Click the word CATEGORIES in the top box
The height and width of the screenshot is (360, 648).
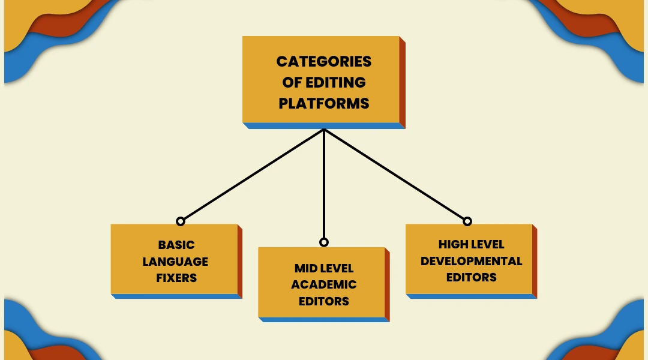[x=323, y=62]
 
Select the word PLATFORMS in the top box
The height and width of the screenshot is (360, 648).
[x=323, y=103]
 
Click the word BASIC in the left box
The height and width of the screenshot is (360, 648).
[x=176, y=245]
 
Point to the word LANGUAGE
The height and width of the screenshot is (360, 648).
[x=175, y=262]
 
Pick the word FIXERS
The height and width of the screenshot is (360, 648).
[x=176, y=278]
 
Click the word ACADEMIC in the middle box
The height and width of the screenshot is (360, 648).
[x=324, y=284]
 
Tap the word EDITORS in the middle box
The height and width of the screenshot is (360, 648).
[x=324, y=301]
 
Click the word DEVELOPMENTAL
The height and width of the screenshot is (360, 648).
[x=471, y=261]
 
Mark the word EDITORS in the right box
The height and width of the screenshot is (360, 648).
[x=471, y=277]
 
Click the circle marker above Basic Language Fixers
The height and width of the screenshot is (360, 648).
[x=180, y=221]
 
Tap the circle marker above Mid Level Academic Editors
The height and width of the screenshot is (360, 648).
[x=324, y=242]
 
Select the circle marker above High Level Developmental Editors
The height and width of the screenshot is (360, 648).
[x=467, y=221]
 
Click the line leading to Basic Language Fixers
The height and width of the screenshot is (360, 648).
[x=252, y=175]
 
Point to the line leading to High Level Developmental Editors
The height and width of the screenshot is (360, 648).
[x=396, y=175]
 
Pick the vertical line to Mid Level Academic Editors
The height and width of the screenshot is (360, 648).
[x=324, y=186]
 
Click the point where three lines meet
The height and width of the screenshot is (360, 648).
[x=324, y=129]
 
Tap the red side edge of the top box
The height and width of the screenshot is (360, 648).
[x=403, y=82]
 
